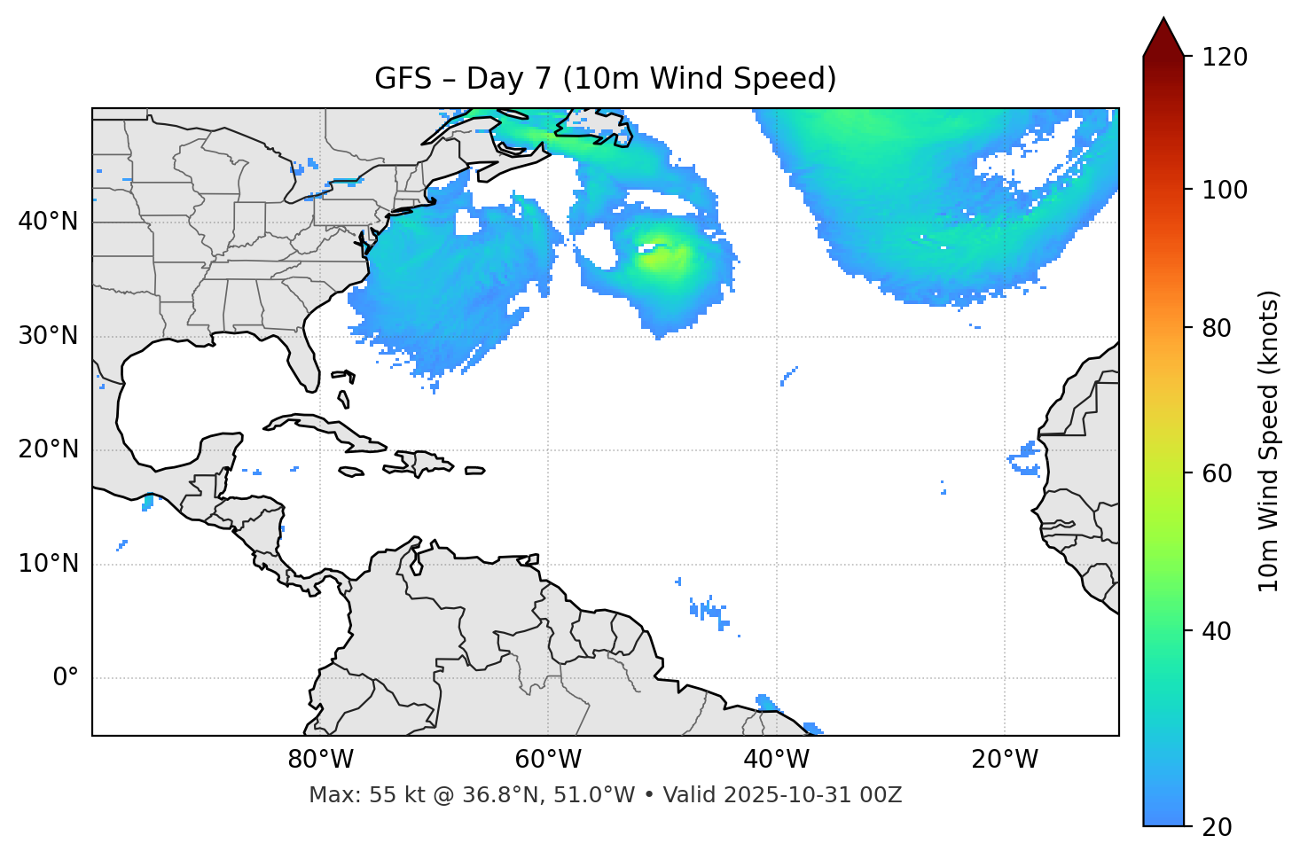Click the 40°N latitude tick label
coord(48,222)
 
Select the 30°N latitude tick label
coord(48,336)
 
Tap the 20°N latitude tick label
coord(48,449)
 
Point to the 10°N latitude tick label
coord(48,564)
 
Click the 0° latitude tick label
coord(66,678)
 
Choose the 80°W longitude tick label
coord(320,760)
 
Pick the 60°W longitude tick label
coord(548,760)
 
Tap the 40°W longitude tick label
coord(776,760)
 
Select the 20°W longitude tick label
coord(1004,760)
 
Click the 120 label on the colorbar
coord(1225,58)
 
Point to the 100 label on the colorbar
coord(1225,190)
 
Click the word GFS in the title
coord(403,79)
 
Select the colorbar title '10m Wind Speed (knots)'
coord(1269,441)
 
